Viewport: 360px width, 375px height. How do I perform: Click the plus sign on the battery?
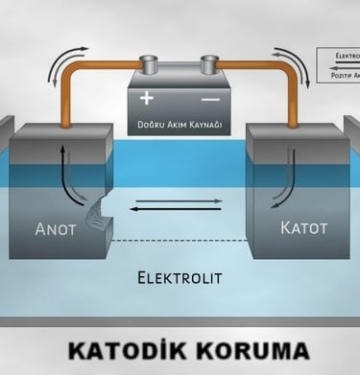(x=147, y=97)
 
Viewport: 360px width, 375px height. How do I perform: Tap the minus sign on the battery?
(x=210, y=98)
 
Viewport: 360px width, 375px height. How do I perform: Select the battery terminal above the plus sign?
(x=149, y=65)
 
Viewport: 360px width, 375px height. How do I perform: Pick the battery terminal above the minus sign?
(x=209, y=65)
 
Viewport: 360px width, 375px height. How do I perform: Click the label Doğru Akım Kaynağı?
(x=180, y=124)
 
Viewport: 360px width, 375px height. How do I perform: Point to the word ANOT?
(x=62, y=229)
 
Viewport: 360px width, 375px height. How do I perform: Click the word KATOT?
(x=303, y=228)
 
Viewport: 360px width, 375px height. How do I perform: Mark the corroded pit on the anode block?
(x=99, y=213)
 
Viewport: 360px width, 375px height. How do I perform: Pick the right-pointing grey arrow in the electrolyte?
(x=178, y=200)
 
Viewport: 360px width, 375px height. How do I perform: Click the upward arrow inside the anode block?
(x=63, y=163)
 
